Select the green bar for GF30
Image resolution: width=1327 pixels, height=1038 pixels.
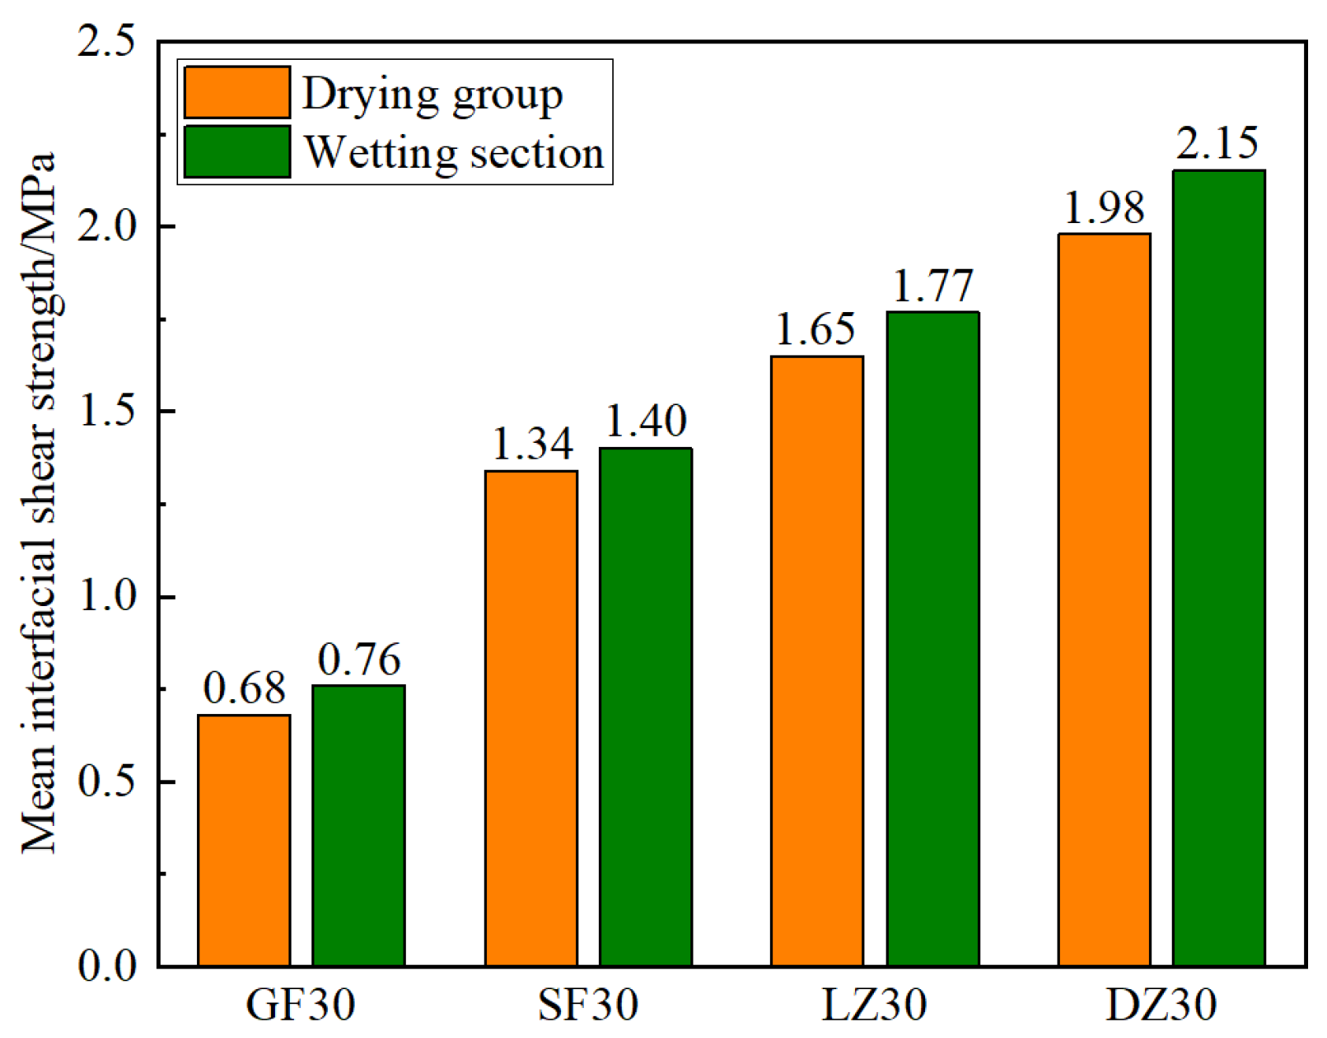359,825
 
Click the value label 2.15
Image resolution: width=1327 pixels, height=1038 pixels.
1217,143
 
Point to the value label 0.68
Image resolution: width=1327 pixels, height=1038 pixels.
243,688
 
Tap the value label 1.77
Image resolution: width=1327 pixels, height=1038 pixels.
932,285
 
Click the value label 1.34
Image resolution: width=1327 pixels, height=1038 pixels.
532,444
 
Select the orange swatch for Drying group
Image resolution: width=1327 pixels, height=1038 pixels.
237,92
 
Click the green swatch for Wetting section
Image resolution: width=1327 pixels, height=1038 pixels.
237,151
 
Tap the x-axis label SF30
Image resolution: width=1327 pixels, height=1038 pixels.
588,1004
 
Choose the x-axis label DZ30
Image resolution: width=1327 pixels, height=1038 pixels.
1161,1004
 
